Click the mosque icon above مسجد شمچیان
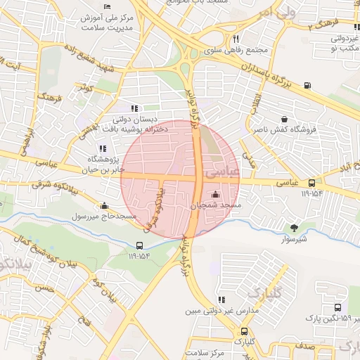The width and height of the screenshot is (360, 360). click(x=215, y=195)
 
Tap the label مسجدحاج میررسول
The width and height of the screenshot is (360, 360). click(x=106, y=216)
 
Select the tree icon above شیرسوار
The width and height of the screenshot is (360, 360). click(x=294, y=227)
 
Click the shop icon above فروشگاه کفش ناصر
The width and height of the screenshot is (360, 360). click(x=284, y=120)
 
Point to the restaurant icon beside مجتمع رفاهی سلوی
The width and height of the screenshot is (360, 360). click(x=236, y=39)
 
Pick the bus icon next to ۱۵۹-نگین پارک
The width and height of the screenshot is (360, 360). click(x=338, y=308)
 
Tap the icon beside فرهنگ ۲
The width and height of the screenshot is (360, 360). click(x=357, y=27)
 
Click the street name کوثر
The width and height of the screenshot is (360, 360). click(x=86, y=89)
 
